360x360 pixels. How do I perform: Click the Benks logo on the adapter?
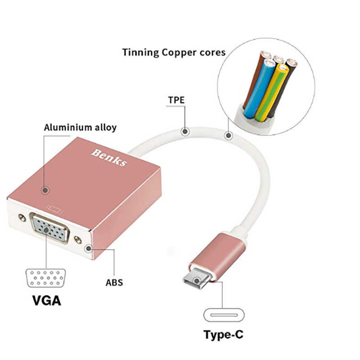click(109, 156)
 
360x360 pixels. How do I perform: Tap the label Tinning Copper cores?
click(174, 52)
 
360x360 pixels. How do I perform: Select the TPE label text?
click(176, 100)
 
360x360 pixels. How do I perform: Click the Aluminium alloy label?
click(80, 127)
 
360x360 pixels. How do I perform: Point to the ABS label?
click(114, 283)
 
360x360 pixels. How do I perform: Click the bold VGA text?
click(47, 300)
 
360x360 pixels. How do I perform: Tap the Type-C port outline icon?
click(225, 314)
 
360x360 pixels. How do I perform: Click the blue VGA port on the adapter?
click(49, 229)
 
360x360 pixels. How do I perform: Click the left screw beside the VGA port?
click(21, 218)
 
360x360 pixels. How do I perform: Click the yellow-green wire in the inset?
click(274, 92)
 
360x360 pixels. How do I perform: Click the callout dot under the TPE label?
click(184, 131)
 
